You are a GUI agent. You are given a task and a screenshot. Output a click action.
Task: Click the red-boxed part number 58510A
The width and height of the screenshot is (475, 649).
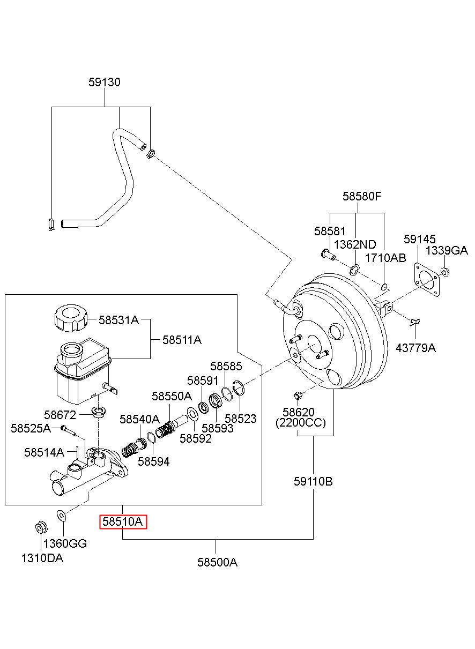pos(123,522)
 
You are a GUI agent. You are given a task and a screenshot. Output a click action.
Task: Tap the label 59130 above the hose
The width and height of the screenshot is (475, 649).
pos(105,83)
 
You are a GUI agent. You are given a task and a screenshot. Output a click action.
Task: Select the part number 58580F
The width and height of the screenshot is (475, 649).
pos(362,197)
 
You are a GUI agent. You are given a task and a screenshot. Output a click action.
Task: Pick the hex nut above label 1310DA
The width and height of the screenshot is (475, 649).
pos(41,529)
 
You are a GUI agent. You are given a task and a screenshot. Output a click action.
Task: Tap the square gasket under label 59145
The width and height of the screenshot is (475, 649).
pos(427,280)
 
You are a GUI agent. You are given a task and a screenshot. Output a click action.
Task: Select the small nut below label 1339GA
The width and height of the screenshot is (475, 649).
pos(444,272)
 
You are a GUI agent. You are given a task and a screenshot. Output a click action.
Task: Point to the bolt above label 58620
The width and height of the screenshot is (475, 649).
pos(298,396)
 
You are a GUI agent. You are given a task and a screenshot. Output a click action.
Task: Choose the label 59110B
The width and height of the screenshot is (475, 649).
pos(313,482)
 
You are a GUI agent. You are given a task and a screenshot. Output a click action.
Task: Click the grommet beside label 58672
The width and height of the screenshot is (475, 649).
pos(99,412)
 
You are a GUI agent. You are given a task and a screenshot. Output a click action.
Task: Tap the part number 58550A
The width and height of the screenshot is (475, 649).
pos(172,396)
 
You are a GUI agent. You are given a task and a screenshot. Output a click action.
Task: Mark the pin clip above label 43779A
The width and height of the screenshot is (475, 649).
pos(415,322)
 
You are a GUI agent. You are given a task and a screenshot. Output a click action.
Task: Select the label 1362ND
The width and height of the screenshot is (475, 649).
pos(355,244)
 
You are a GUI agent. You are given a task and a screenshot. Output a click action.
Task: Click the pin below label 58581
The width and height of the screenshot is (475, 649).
pos(328,255)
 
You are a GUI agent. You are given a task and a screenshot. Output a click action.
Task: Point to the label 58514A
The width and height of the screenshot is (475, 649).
pos(44,452)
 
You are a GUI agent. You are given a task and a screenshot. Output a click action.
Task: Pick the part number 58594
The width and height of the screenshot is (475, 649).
pos(154,461)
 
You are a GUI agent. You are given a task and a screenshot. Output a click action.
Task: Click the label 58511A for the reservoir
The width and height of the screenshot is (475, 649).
pos(182,340)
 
